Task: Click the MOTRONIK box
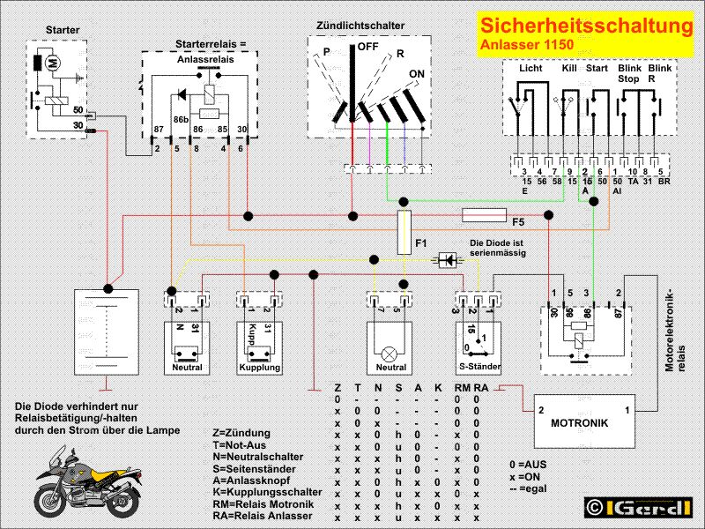(578, 421)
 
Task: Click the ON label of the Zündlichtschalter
(417, 74)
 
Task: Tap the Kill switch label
(570, 68)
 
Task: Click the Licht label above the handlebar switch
(531, 68)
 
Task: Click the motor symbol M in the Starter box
(53, 63)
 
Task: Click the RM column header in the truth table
(461, 387)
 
